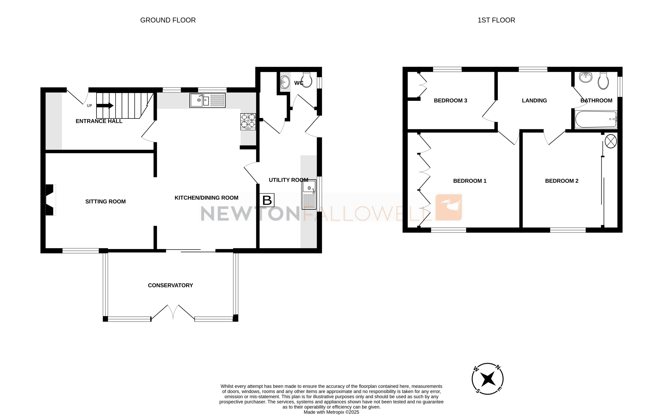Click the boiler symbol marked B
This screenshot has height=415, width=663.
point(267,200)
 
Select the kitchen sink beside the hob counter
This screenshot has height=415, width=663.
point(207,100)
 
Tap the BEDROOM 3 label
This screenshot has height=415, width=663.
point(450,101)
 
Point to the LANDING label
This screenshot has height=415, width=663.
point(534,101)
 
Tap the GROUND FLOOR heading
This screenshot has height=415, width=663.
point(168,20)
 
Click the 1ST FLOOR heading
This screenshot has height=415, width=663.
point(496,20)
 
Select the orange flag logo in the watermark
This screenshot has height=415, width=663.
point(449,207)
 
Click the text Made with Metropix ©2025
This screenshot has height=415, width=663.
point(331,412)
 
